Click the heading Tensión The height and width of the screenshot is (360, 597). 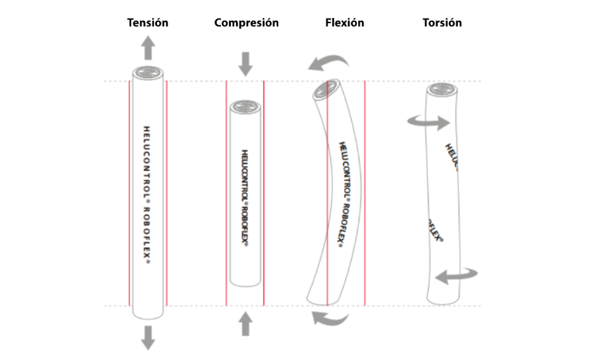[148, 23]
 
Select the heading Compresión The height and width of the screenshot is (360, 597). [246, 23]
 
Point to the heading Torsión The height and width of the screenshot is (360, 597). [442, 23]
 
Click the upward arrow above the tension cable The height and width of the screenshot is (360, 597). [148, 48]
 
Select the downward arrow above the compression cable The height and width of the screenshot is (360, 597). [245, 62]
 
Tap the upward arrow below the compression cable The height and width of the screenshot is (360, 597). [245, 324]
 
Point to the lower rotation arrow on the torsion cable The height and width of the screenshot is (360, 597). [456, 274]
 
